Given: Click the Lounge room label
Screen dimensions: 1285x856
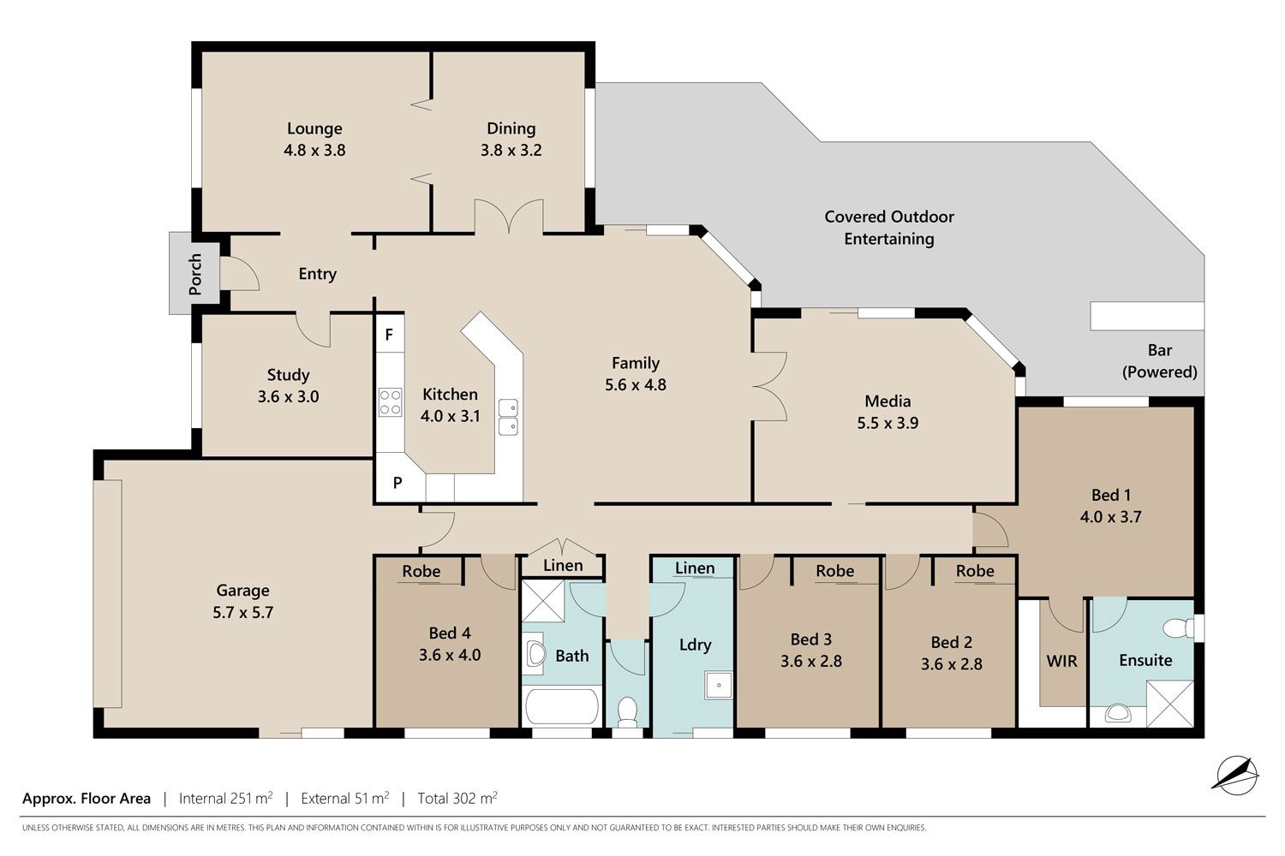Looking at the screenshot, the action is click(x=314, y=128).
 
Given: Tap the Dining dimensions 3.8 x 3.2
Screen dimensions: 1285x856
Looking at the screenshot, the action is click(x=511, y=150).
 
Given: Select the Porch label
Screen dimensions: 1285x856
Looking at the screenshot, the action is click(x=195, y=274).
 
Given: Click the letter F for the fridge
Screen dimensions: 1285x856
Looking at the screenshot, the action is click(x=389, y=335).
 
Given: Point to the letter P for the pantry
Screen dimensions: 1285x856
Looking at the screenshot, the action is click(x=397, y=484).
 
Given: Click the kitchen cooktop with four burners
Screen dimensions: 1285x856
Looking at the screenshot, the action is click(x=390, y=402).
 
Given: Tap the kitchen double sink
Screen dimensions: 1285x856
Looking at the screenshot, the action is click(x=508, y=417).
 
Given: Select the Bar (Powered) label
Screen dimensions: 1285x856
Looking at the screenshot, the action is click(x=1159, y=361).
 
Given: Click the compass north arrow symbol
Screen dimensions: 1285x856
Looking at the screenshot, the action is click(x=1236, y=776).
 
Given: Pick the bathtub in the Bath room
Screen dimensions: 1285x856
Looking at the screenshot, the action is click(x=562, y=706).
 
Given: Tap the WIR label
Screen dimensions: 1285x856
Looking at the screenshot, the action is click(x=1062, y=662).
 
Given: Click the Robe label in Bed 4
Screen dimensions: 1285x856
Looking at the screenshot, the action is click(x=421, y=572).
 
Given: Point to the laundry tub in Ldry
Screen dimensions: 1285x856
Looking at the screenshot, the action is click(x=719, y=686).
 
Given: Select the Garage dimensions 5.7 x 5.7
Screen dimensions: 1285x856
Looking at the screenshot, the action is click(x=242, y=613).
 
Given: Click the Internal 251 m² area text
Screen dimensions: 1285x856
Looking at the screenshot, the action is click(x=225, y=798).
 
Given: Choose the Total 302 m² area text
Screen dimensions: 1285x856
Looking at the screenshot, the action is click(x=457, y=798).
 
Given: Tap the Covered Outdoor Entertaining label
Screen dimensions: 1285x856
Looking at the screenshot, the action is click(x=889, y=228).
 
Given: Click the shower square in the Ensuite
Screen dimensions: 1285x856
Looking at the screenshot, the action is click(x=1169, y=704).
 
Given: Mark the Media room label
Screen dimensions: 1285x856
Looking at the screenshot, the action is click(x=888, y=401).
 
